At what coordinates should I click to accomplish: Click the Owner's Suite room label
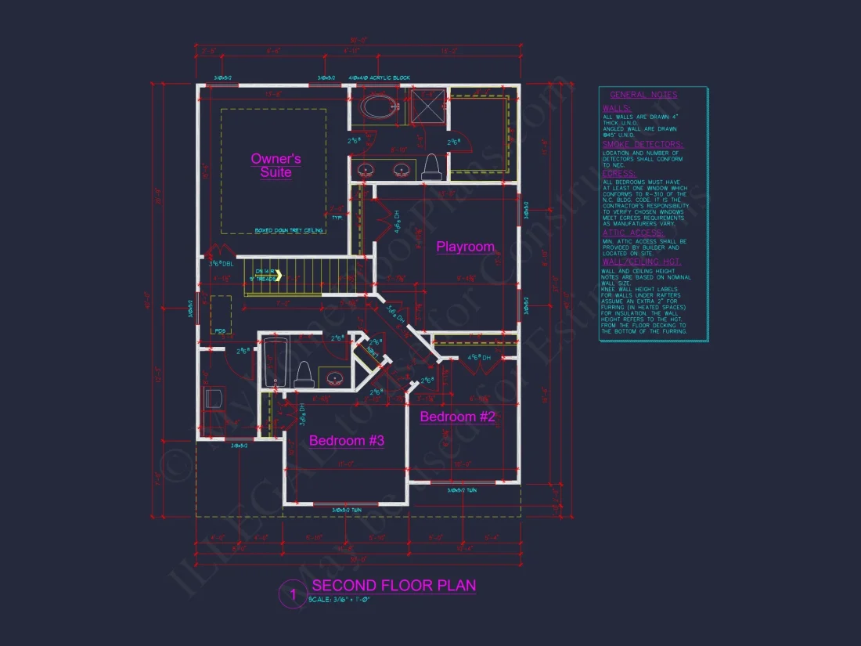click(276, 165)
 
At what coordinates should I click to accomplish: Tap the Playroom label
click(465, 247)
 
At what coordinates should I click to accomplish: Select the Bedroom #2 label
click(457, 417)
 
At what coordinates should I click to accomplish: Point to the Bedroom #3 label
click(346, 441)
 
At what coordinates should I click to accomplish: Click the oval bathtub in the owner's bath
click(379, 107)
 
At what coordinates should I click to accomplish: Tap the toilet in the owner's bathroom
click(430, 166)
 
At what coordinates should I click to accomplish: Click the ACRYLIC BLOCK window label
click(380, 78)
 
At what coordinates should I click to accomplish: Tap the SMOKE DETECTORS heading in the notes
click(642, 145)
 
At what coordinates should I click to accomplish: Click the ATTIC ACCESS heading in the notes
click(632, 233)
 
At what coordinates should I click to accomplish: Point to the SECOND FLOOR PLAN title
click(394, 586)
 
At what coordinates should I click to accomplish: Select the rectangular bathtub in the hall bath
click(274, 363)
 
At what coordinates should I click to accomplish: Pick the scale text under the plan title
click(338, 600)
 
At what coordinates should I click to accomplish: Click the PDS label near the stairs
click(220, 331)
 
